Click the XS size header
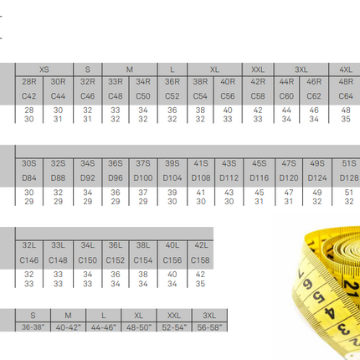(x=44, y=69)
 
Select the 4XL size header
(x=346, y=69)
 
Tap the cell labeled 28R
(x=29, y=82)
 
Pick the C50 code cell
(x=143, y=96)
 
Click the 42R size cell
(x=258, y=82)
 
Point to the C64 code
(x=346, y=96)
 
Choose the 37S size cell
(x=143, y=163)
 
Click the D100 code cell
(x=143, y=178)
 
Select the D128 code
(x=349, y=178)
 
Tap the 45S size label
(x=260, y=163)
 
